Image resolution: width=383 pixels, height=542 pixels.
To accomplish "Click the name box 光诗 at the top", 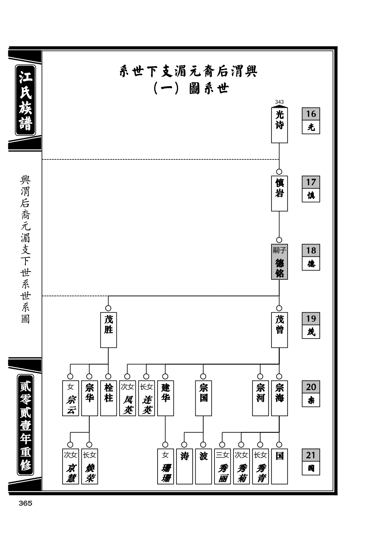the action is (x=279, y=125).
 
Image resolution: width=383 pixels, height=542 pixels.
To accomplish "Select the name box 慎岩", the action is (x=279, y=193).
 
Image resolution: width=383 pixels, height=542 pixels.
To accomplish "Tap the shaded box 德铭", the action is (x=279, y=261).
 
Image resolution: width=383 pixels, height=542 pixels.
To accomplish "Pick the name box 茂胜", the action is (x=109, y=330).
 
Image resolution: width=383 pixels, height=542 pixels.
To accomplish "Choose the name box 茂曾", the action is (x=279, y=330).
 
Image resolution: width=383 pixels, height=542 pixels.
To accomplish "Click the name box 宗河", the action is (x=260, y=398).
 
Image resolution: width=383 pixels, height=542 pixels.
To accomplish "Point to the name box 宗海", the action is (x=279, y=398).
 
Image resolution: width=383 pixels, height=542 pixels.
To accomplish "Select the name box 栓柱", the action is (x=109, y=398).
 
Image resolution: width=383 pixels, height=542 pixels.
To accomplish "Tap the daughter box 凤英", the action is (x=127, y=398).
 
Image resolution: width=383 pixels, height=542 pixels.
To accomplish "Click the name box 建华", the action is (x=166, y=398).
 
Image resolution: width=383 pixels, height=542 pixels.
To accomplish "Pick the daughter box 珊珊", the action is (x=166, y=466).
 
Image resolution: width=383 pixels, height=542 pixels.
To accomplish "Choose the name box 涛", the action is (x=184, y=466).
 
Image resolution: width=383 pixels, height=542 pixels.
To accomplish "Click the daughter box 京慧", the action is (x=71, y=466).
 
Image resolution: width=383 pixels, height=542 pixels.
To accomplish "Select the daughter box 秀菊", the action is (x=241, y=466).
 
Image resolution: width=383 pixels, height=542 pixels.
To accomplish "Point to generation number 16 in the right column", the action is (x=311, y=114).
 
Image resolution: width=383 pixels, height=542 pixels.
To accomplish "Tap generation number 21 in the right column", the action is (x=311, y=455).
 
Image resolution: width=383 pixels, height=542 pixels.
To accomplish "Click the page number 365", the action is (x=25, y=503).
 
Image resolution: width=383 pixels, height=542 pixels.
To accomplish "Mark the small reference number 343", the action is (x=279, y=102).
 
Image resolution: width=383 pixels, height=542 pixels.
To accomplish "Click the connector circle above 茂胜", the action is (x=108, y=308).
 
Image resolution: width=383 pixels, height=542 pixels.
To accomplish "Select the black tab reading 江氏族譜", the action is (x=25, y=100).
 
